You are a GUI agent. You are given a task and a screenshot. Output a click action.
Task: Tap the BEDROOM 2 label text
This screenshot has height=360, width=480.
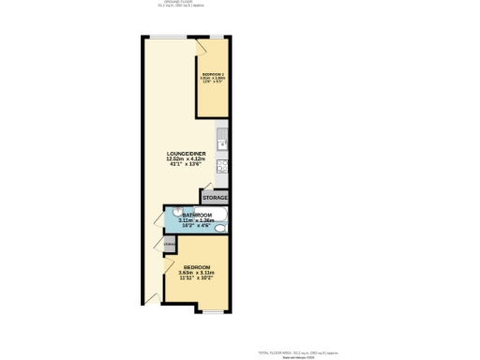[211, 73]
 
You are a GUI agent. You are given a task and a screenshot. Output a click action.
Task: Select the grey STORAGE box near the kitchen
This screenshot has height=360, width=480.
[214, 198]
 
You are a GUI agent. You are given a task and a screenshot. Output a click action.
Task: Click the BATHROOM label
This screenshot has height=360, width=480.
[196, 215]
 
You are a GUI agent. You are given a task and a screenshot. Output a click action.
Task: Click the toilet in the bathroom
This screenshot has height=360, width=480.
[219, 228]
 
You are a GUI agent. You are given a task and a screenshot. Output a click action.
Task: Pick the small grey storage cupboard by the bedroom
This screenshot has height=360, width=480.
[169, 245]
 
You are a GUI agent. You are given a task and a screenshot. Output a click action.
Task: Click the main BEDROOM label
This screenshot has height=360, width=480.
[196, 267]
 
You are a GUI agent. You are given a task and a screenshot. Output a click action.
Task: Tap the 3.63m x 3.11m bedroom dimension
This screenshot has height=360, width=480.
[196, 273]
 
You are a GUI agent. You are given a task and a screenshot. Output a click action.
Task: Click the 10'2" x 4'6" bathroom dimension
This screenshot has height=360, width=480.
[196, 226]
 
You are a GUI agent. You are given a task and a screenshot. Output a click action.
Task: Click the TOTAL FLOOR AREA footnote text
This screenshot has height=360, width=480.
[297, 352]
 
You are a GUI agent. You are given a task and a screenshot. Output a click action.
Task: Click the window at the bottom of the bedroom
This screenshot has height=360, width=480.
[216, 310]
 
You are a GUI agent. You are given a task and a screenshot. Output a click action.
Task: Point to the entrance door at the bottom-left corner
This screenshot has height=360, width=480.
[151, 299]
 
